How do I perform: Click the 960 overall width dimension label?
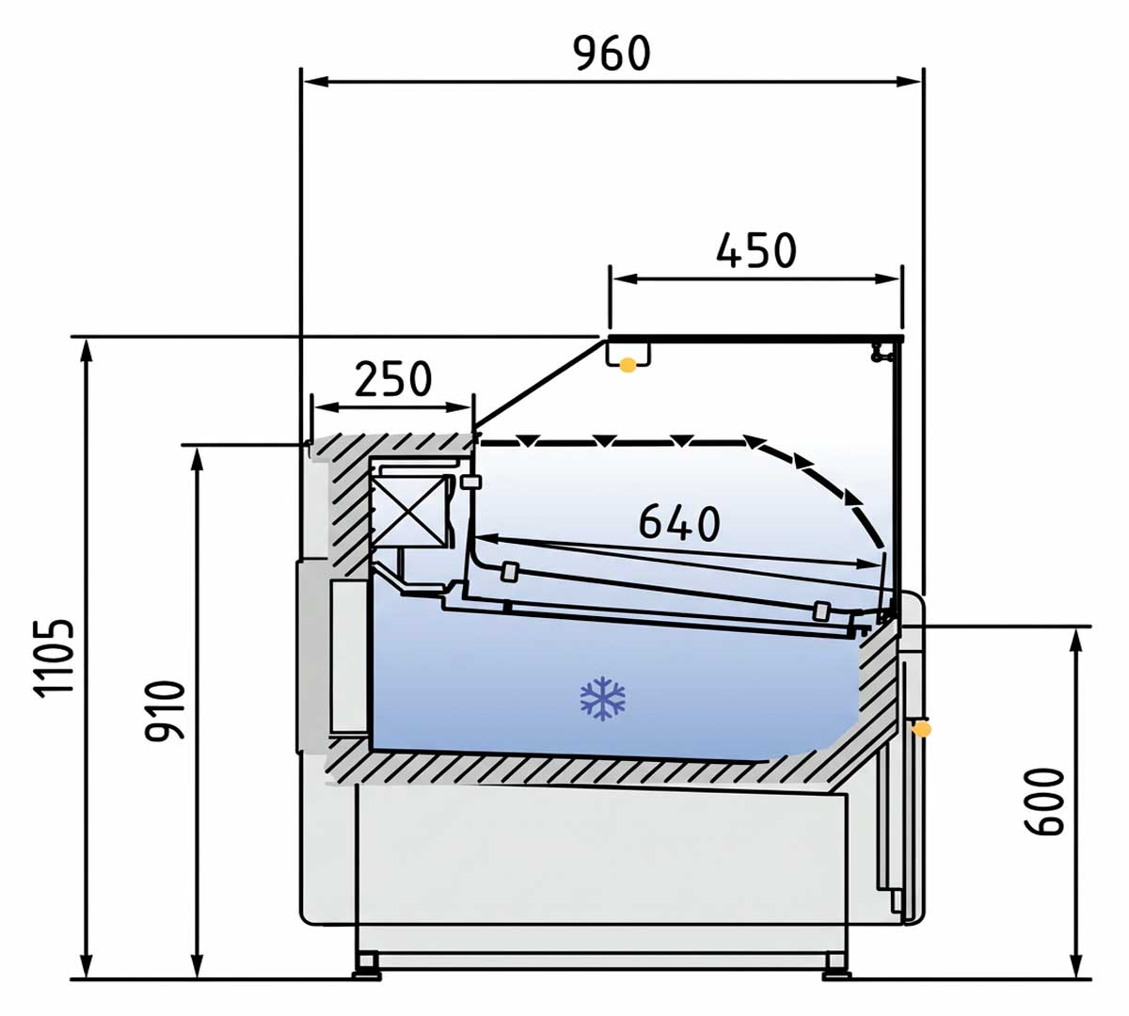point(612,54)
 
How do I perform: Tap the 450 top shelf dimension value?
point(755,250)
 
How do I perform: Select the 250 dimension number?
point(392,379)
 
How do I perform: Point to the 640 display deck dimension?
point(678,522)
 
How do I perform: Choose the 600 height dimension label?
point(1044,801)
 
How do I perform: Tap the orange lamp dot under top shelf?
point(628,365)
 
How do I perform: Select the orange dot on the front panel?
point(922,728)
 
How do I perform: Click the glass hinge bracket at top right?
point(881,352)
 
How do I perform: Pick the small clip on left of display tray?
point(510,571)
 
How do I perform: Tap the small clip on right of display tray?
point(821,611)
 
